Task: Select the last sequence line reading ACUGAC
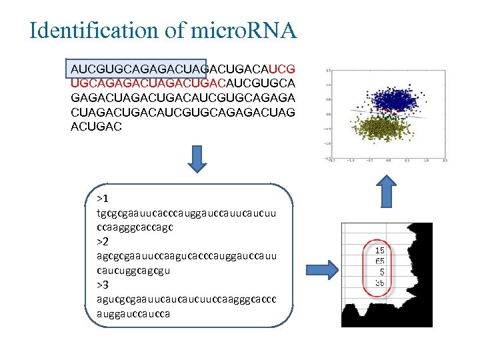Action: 97,126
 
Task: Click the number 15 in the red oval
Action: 379,250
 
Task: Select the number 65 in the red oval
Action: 379,261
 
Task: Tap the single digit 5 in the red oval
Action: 381,271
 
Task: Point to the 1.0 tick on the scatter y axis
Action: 329,85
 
